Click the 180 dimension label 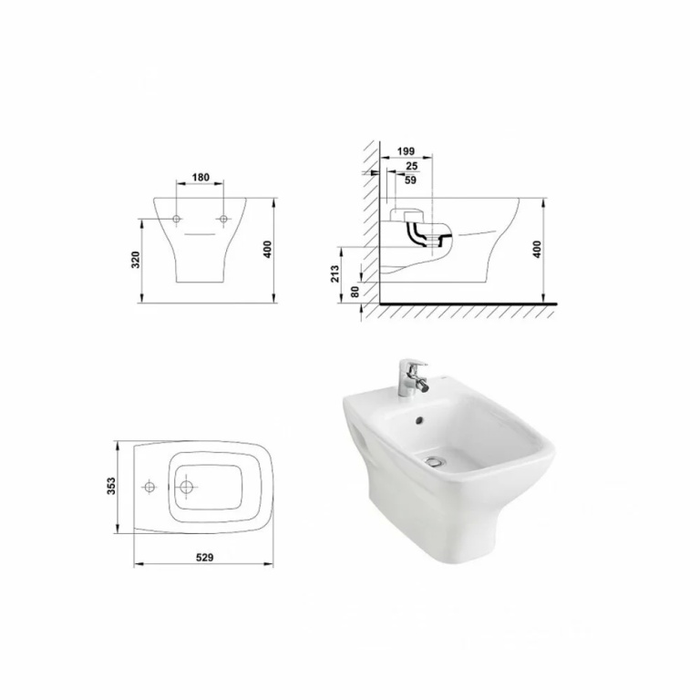[x=201, y=177]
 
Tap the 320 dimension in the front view [x=137, y=260]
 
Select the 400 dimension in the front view [x=267, y=249]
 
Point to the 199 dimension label [x=406, y=151]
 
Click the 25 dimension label [x=412, y=166]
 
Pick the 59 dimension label [x=410, y=180]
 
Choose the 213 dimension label [x=335, y=273]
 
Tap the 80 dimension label [x=355, y=292]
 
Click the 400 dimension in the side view [x=537, y=249]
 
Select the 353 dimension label [x=111, y=486]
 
